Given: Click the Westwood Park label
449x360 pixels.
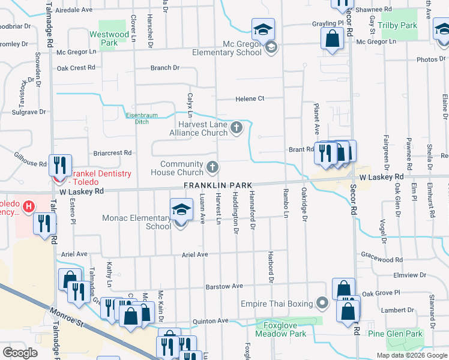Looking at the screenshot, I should point(109,38).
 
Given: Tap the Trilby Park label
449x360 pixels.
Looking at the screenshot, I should point(401,26).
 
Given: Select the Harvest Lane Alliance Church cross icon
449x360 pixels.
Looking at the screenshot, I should point(237,127).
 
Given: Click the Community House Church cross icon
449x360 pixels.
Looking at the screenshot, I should point(212,166).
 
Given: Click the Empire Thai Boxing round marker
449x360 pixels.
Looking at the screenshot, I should point(322,303).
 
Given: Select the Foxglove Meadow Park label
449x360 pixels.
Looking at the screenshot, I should point(281,329).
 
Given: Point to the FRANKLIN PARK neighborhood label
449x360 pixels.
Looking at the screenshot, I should point(217,185).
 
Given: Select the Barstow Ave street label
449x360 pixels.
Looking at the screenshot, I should point(224,287).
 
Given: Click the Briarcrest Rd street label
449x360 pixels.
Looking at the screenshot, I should point(112,153).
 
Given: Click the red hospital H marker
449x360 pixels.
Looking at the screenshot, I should point(28,208).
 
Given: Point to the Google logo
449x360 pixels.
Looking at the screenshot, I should point(20,353).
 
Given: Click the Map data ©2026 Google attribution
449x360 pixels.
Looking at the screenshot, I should point(412,355).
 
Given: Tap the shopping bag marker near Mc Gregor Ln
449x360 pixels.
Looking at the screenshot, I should point(332,40).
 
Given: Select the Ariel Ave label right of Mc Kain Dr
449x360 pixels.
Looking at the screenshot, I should point(194,254).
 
